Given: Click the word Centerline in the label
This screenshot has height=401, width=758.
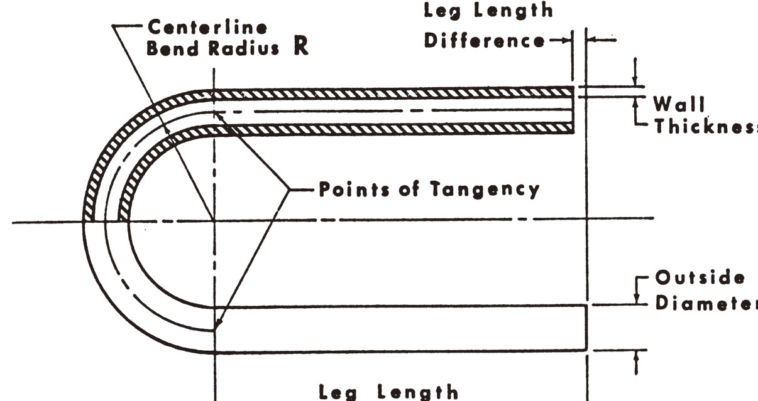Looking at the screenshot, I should tap(206, 28).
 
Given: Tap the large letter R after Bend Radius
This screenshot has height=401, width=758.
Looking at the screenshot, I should tap(301, 48).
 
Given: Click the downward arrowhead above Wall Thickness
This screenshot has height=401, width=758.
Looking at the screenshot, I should tap(635, 82).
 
